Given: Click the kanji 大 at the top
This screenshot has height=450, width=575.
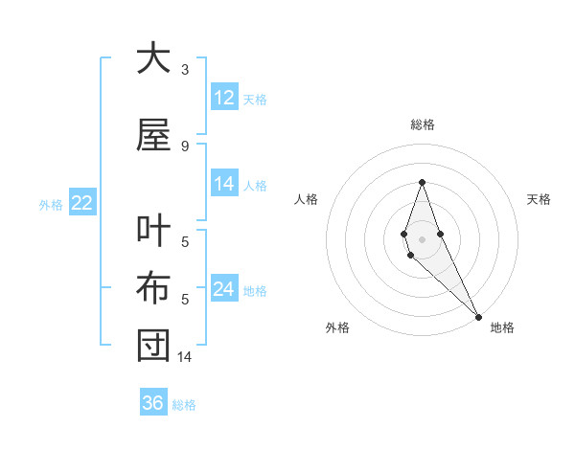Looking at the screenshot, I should pos(153,59).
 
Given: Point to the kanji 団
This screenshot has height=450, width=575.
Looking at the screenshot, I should pos(153,346).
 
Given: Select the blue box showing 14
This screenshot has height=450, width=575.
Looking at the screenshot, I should pos(224,184).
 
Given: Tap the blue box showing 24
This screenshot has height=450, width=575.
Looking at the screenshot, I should pos(224,289).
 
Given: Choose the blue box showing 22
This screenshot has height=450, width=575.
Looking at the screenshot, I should pos(81,203).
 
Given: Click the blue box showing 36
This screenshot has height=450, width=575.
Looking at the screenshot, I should pos(153,403).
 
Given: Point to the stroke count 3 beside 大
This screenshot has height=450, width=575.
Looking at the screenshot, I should pos(185,70).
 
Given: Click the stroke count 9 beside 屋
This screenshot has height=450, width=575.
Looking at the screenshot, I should pos(185,146).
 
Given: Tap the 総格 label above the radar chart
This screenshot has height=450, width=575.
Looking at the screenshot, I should pos(422,124).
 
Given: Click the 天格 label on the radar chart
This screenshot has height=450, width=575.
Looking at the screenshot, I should pos(540,199).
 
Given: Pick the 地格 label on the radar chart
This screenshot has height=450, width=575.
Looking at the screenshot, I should pos(502,328).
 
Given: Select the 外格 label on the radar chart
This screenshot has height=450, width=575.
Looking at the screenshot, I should pos(337,328).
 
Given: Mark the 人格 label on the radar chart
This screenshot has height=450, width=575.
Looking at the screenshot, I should pos(307,199).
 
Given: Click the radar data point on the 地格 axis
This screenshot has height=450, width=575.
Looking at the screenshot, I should pos(478,317).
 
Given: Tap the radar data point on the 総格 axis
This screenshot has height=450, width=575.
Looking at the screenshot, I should pos(422,182).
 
